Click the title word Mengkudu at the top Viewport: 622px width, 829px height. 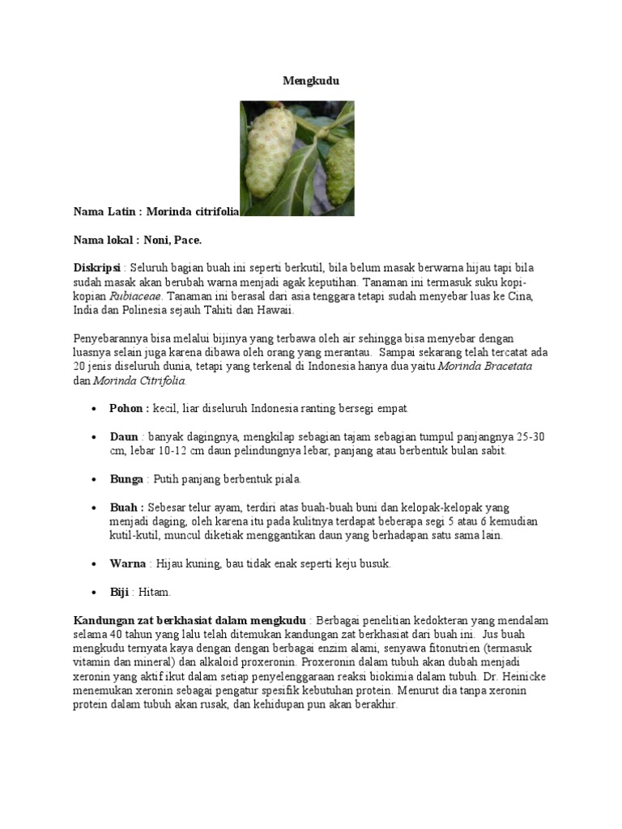click(311, 81)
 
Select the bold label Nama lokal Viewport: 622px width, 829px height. click(105, 240)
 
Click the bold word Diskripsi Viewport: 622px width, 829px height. click(96, 268)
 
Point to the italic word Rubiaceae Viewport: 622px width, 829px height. click(135, 296)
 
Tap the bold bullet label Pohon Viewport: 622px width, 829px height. click(128, 408)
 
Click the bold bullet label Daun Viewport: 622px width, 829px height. click(124, 436)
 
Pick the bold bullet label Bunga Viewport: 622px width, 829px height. click(126, 479)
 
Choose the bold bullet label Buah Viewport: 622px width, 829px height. click(125, 508)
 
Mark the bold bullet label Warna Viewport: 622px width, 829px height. click(128, 564)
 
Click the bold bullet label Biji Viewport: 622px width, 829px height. click(119, 593)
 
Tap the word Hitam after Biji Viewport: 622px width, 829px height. click(155, 593)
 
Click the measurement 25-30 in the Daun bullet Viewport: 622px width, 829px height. click(530, 436)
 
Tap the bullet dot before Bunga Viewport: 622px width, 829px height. click(96, 480)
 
